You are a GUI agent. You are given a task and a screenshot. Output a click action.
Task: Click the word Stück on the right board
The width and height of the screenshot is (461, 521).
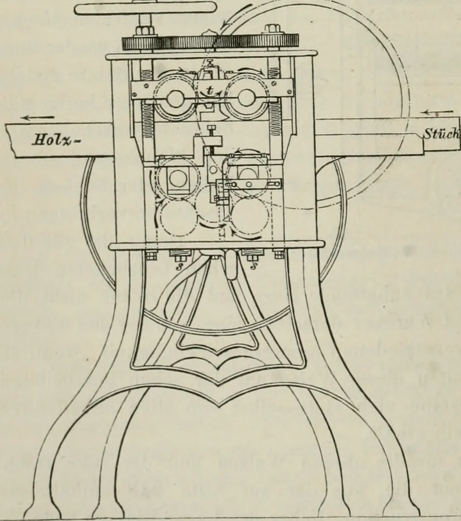point(441,134)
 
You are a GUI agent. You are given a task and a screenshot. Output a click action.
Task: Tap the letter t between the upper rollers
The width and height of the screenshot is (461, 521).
point(209,90)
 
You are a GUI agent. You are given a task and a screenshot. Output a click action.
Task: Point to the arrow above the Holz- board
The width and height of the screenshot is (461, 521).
point(37,118)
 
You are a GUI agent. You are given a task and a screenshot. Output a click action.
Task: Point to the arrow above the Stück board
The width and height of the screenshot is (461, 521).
point(439,112)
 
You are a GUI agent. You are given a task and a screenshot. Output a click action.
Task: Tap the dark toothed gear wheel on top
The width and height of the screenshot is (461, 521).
point(211,43)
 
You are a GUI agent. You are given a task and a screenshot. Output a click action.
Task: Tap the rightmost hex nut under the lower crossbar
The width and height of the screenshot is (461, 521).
point(279,255)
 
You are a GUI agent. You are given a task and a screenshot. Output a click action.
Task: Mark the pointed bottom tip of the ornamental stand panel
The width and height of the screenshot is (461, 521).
point(219,406)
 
